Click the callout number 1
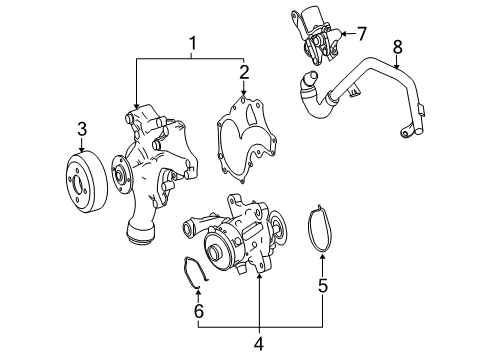[x=192, y=44]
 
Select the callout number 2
[x=244, y=73]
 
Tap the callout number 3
[x=82, y=129]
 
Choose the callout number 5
[x=323, y=285]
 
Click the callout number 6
[x=199, y=311]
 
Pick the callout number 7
[x=361, y=34]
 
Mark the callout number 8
[x=398, y=47]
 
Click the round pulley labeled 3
[x=86, y=181]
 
